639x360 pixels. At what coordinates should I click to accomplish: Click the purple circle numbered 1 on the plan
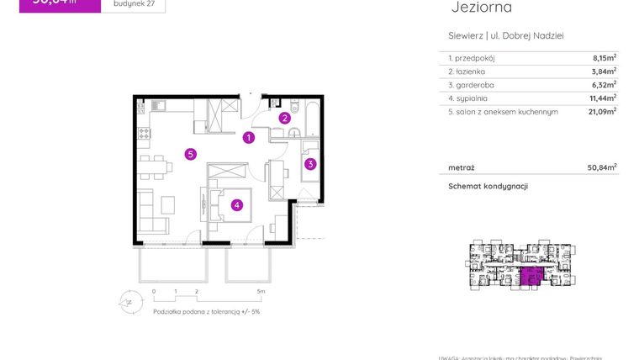click(x=249, y=137)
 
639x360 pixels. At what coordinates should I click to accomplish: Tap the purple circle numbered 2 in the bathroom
click(x=285, y=119)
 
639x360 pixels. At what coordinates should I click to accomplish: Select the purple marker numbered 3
click(x=310, y=164)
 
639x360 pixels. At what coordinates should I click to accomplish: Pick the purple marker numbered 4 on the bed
click(x=238, y=204)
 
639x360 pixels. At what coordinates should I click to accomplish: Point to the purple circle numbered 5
click(x=191, y=154)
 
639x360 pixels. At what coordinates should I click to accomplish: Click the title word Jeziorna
click(x=481, y=8)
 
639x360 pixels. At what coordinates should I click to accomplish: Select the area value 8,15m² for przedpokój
click(x=604, y=58)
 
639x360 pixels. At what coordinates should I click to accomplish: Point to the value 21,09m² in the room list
click(x=602, y=111)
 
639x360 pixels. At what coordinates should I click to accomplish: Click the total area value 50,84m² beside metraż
click(x=602, y=167)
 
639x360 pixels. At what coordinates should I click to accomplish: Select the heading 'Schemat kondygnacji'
click(x=488, y=187)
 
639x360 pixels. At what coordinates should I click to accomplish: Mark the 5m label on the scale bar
click(x=261, y=292)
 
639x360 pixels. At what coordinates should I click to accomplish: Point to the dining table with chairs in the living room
click(x=154, y=166)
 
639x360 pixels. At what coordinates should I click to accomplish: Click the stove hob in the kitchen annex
click(x=144, y=134)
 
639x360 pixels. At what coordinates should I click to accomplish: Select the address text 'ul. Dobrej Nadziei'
click(x=527, y=35)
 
